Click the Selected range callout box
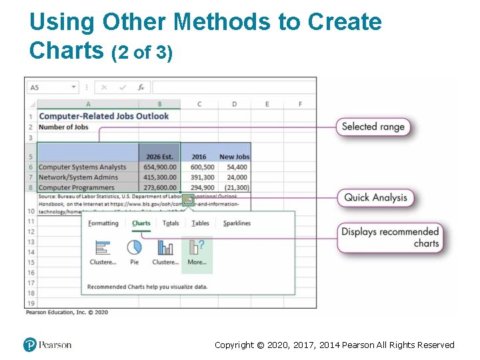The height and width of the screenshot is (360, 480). [373, 127]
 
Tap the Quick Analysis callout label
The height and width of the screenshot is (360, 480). [375, 197]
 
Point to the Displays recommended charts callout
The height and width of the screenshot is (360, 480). [389, 237]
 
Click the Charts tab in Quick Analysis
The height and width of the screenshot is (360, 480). [141, 223]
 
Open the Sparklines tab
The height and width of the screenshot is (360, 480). [237, 223]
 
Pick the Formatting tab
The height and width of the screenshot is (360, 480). [103, 223]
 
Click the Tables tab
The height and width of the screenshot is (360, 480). [200, 223]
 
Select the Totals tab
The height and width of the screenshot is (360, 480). [171, 223]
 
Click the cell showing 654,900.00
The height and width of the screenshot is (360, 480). [159, 167]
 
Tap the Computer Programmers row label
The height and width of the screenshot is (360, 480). [76, 188]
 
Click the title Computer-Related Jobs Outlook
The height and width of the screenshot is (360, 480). [104, 116]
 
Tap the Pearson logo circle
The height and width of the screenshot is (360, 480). [29, 345]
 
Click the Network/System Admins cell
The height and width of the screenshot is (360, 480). [78, 177]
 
